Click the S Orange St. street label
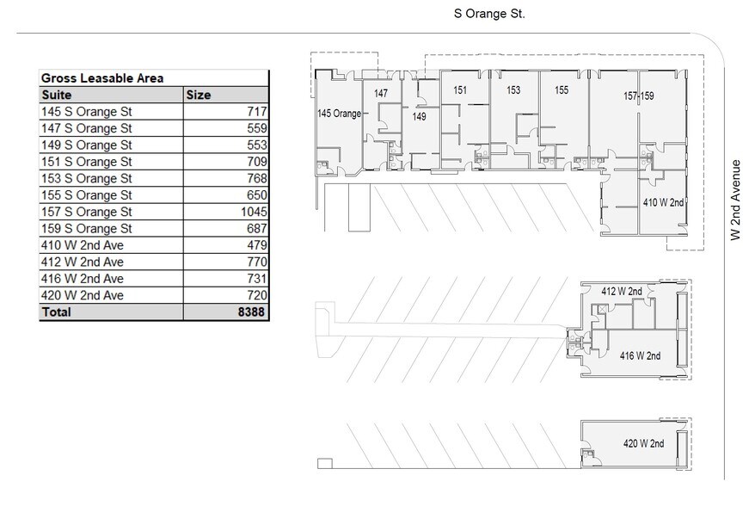tap(489, 14)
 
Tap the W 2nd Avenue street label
tap(736, 200)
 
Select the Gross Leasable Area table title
tap(102, 78)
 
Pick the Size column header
tap(199, 95)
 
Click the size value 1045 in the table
tap(255, 212)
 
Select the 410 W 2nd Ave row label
tap(83, 245)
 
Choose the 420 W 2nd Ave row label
tap(83, 295)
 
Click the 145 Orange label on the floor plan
tap(339, 114)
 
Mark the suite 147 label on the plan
tap(381, 93)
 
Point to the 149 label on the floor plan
tap(419, 116)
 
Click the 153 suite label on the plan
tap(513, 89)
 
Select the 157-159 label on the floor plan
tap(638, 96)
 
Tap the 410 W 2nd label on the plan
tap(664, 203)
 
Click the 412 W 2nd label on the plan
tap(621, 292)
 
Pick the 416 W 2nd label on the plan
tap(640, 355)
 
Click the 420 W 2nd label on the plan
tap(643, 444)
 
